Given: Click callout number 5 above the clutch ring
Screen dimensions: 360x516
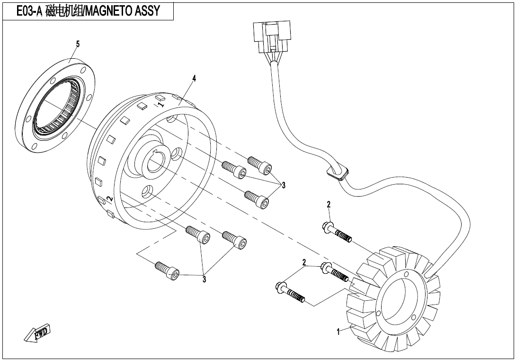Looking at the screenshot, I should tap(78, 44).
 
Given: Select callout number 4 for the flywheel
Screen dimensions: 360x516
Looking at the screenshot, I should tap(194, 78).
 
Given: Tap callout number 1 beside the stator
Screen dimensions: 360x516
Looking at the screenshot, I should tap(338, 332).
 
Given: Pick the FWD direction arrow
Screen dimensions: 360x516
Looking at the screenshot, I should tap(37, 333).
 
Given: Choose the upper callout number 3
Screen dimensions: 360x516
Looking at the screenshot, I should tap(284, 185).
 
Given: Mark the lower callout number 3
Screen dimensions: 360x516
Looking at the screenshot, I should tap(205, 279).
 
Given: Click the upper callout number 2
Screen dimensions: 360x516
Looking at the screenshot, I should tap(329, 205).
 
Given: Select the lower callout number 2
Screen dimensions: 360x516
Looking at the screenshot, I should tap(304, 262).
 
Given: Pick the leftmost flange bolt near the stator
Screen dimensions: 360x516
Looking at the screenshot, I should tap(290, 292).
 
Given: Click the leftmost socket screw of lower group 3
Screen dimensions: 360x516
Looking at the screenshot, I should tap(167, 270).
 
